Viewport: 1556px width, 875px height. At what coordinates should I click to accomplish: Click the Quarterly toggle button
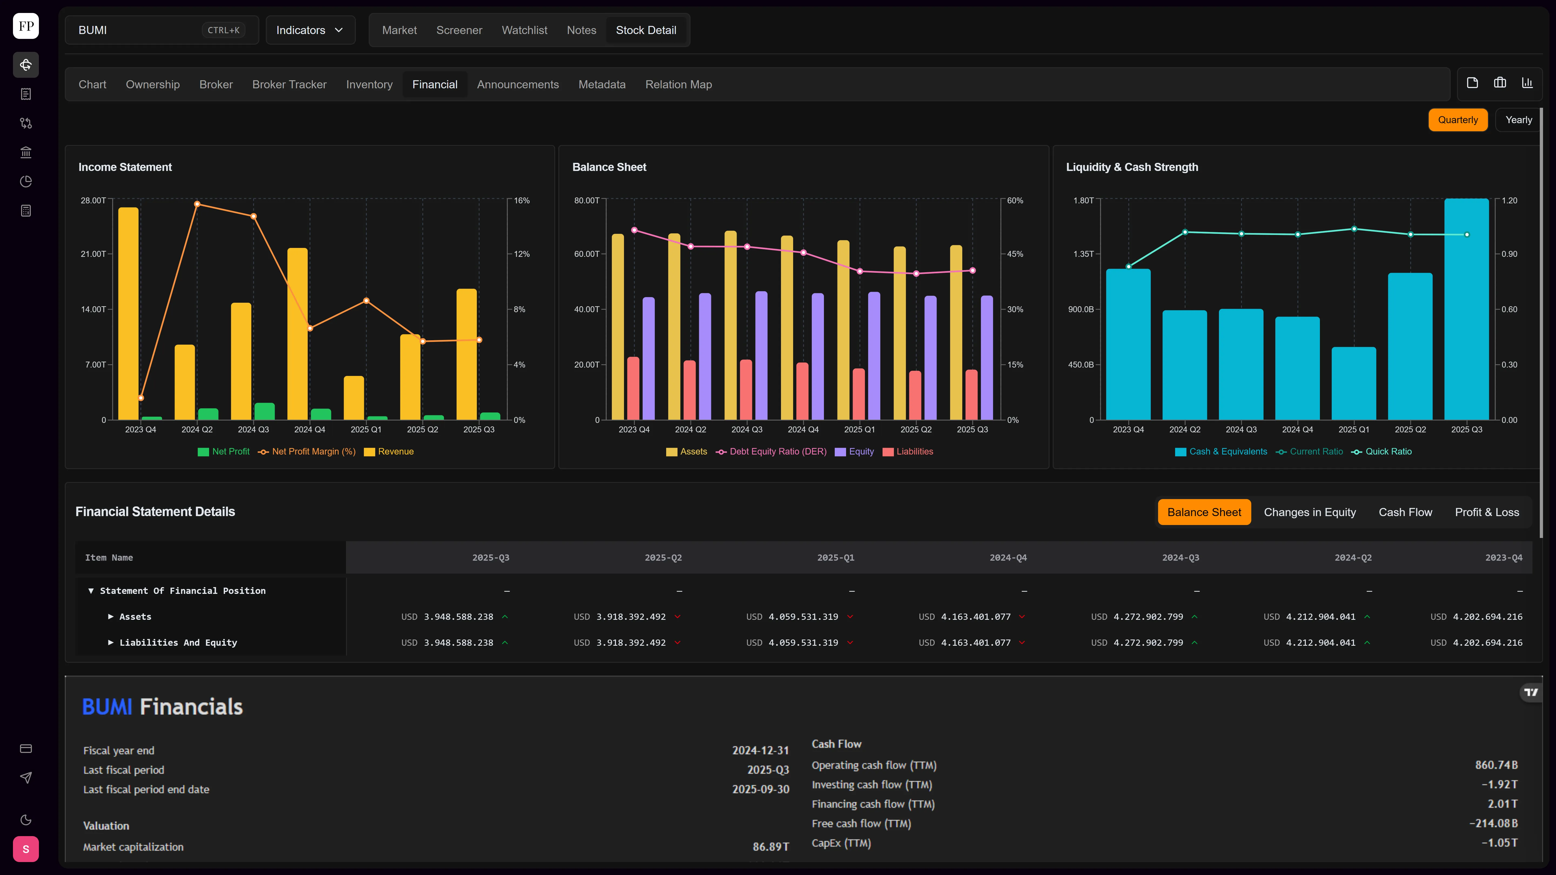click(1458, 120)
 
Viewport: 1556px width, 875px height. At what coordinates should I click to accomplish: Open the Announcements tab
click(518, 85)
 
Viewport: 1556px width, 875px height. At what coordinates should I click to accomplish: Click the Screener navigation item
click(459, 30)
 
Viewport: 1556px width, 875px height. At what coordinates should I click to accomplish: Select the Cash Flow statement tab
click(1405, 512)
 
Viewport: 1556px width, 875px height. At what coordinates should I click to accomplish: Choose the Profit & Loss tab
click(1487, 512)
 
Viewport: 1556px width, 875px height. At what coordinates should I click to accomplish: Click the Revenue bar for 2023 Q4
click(129, 313)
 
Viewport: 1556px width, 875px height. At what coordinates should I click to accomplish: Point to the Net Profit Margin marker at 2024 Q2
click(197, 204)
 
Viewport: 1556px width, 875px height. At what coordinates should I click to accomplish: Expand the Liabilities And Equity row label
click(178, 642)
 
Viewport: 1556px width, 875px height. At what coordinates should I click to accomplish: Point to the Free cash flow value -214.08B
click(1493, 823)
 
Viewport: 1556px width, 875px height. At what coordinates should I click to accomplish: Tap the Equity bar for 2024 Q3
click(761, 356)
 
